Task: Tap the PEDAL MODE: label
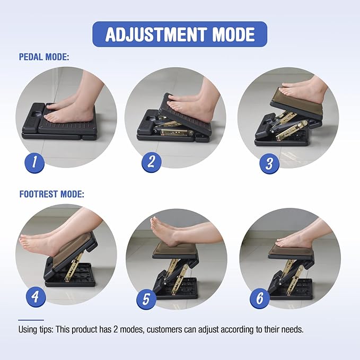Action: (43, 56)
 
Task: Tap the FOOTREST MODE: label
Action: (51, 194)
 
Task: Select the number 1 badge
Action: (35, 162)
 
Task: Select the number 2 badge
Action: (151, 162)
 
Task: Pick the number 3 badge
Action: (269, 163)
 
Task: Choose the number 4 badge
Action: (35, 297)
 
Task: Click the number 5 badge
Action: (146, 301)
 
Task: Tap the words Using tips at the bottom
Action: (38, 329)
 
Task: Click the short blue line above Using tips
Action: (31, 320)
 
